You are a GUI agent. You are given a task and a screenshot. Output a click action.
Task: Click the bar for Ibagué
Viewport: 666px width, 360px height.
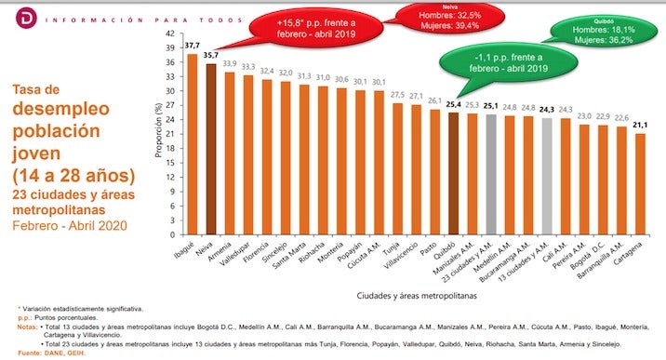[193, 140]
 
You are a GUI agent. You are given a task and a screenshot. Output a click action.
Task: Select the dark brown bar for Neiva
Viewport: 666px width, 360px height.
[210, 145]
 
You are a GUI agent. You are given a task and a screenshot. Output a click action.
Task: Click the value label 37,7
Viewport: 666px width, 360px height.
[192, 46]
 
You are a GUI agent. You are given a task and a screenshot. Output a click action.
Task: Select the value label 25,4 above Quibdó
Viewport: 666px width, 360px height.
[454, 105]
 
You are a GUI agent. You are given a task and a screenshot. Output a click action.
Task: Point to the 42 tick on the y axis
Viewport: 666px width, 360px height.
[170, 33]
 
